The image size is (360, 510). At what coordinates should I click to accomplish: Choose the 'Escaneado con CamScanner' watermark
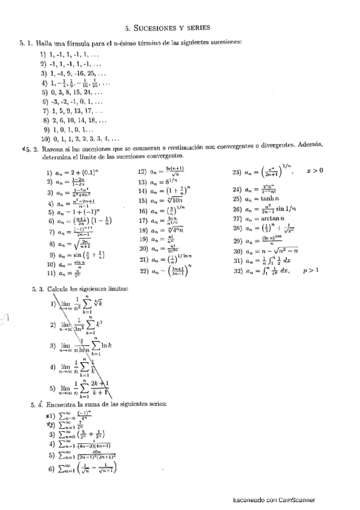[x=273, y=500]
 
